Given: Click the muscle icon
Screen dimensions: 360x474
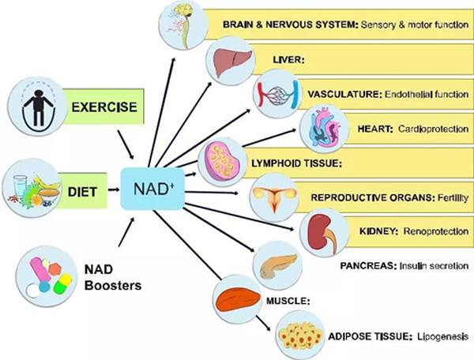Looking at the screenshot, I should [x=236, y=299].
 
